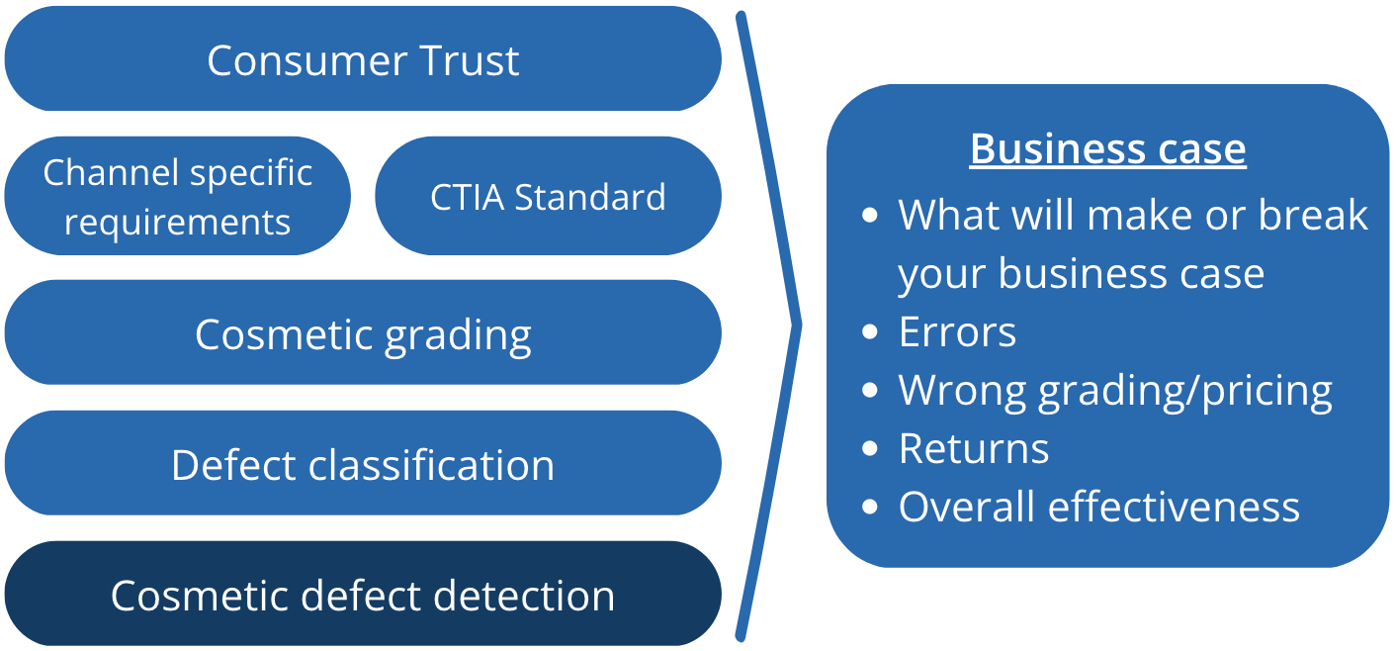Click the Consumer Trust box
tap(363, 59)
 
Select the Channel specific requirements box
tap(178, 196)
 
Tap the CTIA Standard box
tap(548, 196)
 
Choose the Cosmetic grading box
tap(363, 333)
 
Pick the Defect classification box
tap(363, 464)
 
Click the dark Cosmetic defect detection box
tap(363, 595)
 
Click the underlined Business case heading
tap(1107, 148)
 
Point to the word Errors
tap(957, 332)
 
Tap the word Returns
tap(974, 449)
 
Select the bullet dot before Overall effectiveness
tap(870, 507)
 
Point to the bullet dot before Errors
tap(870, 332)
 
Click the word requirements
tap(178, 223)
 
